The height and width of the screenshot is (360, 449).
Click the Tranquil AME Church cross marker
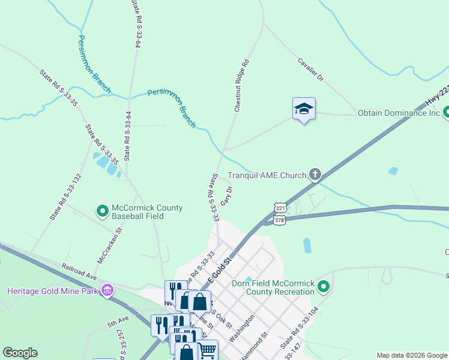pos(315,175)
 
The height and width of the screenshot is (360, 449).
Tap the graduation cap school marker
pos(304,109)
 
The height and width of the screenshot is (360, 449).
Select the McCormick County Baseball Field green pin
pos(102,211)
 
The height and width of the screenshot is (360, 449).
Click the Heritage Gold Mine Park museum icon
pos(107,290)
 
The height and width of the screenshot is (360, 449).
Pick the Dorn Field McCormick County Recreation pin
pos(324,287)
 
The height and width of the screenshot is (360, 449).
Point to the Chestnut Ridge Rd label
pos(241,86)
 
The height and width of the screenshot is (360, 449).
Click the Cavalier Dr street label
pos(311,70)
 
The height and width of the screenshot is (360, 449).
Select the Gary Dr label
pos(226,196)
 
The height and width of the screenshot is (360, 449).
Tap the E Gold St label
pos(219,269)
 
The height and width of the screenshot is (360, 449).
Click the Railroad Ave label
pos(79,267)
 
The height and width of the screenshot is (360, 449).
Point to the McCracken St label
pos(110,245)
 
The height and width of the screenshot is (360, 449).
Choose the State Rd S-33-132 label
pos(65,196)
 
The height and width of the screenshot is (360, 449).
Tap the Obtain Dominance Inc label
pos(399,112)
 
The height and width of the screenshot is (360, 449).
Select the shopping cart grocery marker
pos(208,350)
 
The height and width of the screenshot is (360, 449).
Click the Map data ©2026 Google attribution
pos(412,355)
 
